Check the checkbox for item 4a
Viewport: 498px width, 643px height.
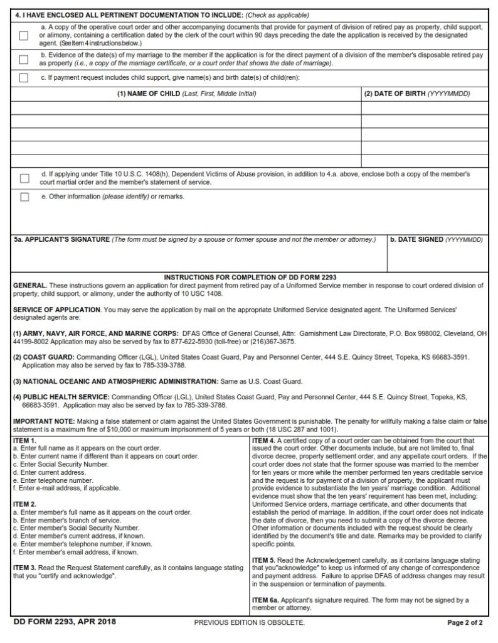24,36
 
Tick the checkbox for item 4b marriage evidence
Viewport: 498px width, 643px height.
24,60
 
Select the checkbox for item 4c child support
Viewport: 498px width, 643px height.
24,78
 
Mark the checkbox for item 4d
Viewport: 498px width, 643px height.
24,178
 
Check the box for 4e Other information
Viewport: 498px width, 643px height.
24,197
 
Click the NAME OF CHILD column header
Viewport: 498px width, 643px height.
187,94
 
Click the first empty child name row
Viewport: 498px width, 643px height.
187,108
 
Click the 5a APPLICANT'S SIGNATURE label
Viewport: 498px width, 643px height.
61,239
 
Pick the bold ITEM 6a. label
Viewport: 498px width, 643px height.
268,600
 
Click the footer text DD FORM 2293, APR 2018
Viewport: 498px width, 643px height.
65,622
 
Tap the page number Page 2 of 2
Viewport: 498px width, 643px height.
465,623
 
